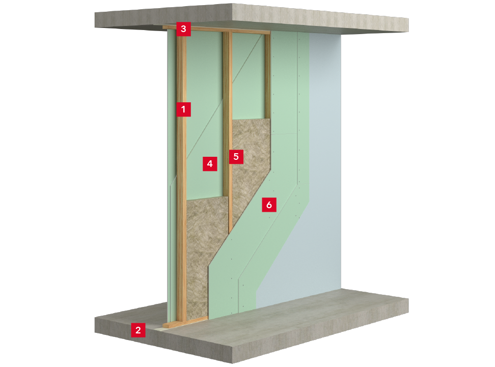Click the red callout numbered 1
tap(183, 109)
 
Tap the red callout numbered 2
tap(138, 330)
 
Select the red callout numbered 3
tap(183, 29)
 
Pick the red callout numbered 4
tap(210, 163)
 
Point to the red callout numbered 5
tap(236, 156)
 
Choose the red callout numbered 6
tap(269, 205)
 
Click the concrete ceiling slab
tap(252, 17)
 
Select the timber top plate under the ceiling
tap(216, 30)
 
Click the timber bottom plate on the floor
tap(185, 322)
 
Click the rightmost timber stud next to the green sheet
tap(268, 76)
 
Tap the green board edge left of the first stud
tap(172, 177)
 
